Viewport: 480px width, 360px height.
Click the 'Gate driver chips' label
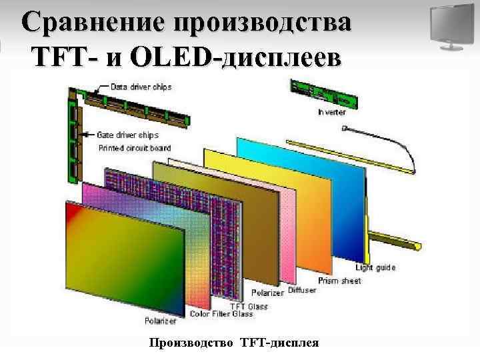tap(128, 135)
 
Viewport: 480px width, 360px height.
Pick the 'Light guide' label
tap(375, 268)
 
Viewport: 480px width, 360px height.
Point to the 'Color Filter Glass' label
tap(221, 313)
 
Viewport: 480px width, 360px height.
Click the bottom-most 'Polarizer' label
tap(160, 321)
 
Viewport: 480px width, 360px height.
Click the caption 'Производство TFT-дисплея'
tap(234, 343)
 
